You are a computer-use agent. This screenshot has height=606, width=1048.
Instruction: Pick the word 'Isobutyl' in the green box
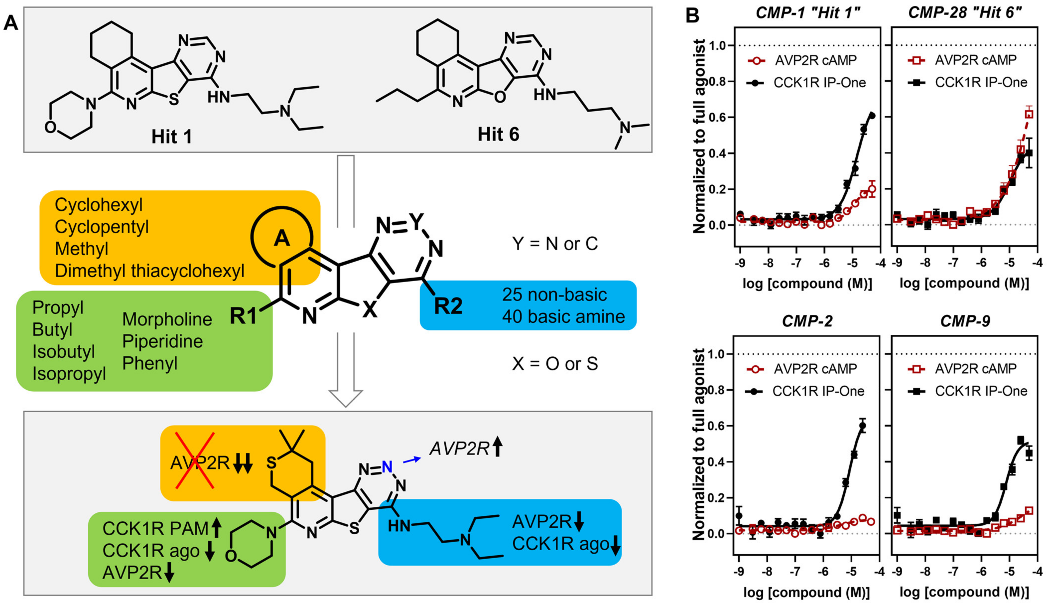click(64, 352)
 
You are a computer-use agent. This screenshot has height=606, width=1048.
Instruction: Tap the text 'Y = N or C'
click(555, 243)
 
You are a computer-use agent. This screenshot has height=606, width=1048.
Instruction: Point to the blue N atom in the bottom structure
click(387, 466)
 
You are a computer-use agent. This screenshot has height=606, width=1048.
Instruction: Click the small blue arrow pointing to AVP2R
click(412, 460)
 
